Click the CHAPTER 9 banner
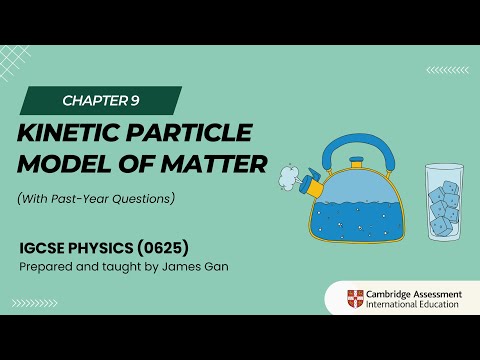(100, 100)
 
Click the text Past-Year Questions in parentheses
(113, 198)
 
